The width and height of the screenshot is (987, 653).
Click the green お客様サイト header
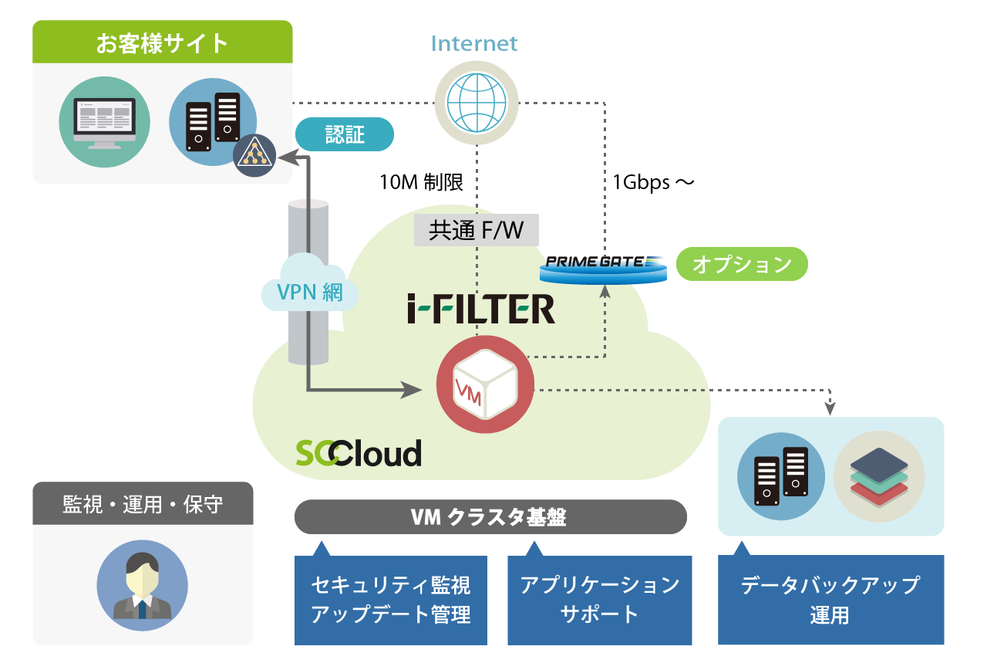(x=162, y=42)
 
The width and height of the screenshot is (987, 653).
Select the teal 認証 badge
(x=345, y=136)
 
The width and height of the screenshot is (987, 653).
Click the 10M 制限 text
(x=421, y=182)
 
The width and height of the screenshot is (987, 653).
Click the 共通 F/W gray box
(x=476, y=230)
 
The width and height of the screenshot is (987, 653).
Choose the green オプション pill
(x=742, y=265)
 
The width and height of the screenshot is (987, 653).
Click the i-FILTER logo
(x=481, y=309)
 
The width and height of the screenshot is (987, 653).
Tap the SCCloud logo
(x=359, y=453)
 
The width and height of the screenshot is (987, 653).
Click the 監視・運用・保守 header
(x=143, y=503)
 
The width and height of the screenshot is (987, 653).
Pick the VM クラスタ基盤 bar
(x=490, y=517)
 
